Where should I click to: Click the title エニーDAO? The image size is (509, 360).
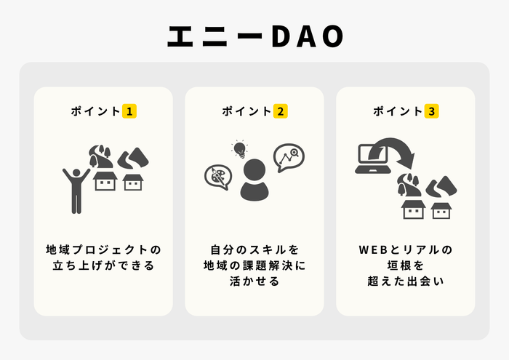click(x=254, y=37)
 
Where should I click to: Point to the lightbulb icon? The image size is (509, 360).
click(x=239, y=150)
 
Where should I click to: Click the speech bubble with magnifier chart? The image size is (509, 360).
click(x=289, y=156)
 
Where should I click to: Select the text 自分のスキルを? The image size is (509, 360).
click(x=254, y=249)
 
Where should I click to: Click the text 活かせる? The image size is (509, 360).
click(x=254, y=281)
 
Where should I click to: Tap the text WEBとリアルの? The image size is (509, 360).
click(x=405, y=249)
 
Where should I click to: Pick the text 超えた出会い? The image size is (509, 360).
click(x=405, y=281)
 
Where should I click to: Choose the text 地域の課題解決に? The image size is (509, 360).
click(x=254, y=265)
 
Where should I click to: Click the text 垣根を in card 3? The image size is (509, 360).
click(x=405, y=265)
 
